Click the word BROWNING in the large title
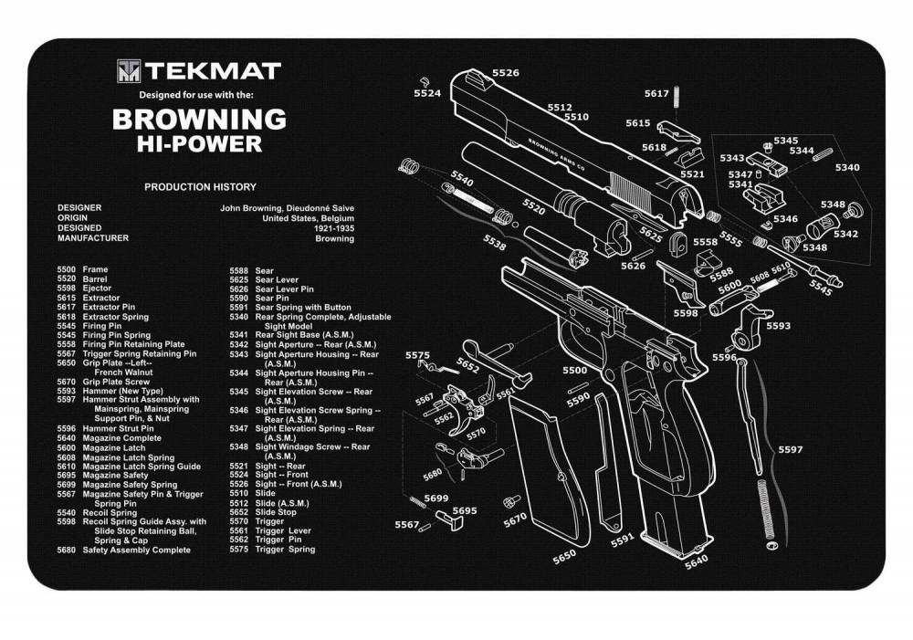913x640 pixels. click(x=199, y=119)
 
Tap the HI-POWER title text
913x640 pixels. click(x=199, y=143)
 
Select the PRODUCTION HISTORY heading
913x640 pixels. click(x=200, y=187)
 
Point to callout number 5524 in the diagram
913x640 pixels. click(x=426, y=93)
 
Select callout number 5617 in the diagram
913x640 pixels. click(x=656, y=93)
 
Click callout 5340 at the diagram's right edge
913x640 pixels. click(x=846, y=167)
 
